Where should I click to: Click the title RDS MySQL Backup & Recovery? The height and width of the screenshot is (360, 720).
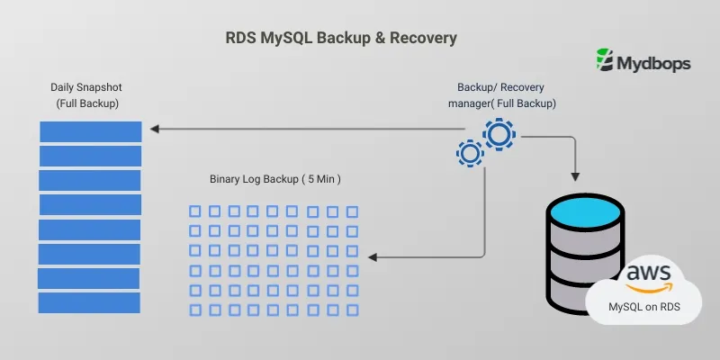click(340, 39)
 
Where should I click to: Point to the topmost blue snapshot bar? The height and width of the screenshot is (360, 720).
click(90, 131)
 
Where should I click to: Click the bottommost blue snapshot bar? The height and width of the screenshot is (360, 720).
click(89, 302)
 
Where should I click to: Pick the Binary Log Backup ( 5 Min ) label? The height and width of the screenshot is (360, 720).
click(274, 179)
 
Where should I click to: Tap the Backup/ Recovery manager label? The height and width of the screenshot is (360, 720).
click(500, 95)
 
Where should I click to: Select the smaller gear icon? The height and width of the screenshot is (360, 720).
click(469, 153)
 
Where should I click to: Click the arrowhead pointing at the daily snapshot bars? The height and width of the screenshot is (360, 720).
click(154, 130)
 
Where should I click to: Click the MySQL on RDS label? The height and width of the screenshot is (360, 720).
click(643, 308)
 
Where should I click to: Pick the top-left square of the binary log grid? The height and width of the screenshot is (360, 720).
click(194, 211)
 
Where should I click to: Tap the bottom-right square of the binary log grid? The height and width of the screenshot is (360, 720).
click(352, 310)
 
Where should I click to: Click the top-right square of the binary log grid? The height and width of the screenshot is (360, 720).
click(352, 211)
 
